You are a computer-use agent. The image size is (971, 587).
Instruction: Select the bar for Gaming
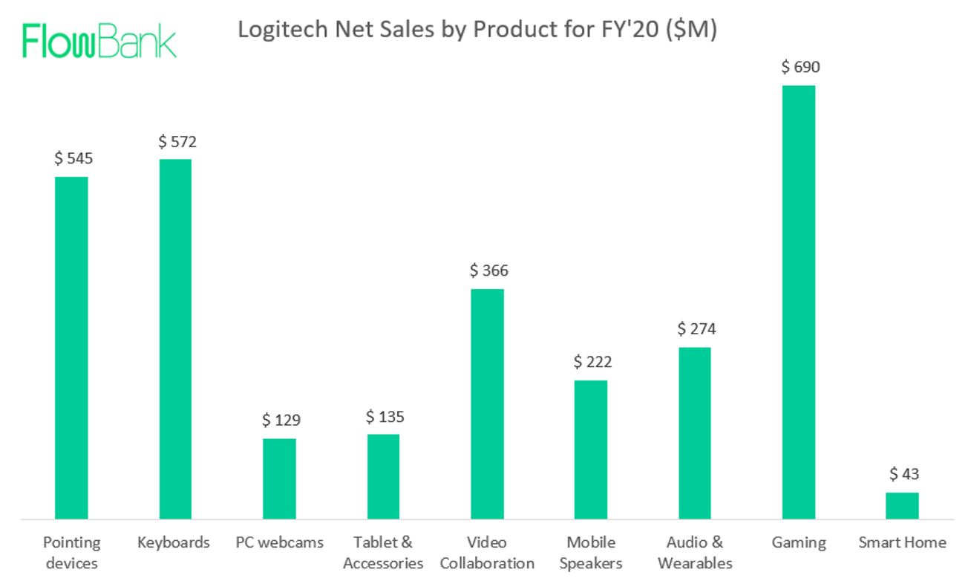pos(799,302)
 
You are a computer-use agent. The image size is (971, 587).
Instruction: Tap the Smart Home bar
pos(902,505)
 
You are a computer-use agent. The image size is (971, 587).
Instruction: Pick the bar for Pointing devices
pos(71,347)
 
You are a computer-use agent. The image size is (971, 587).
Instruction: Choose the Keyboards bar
pos(175,338)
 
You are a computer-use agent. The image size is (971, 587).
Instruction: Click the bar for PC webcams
pos(279,478)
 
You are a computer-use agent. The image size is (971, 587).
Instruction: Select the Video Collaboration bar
pos(487,403)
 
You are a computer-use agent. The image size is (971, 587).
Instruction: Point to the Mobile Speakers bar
pos(591,449)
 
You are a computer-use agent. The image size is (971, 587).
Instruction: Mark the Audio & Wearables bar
pos(695,432)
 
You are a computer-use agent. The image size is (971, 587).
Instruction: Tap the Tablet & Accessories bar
pos(383,476)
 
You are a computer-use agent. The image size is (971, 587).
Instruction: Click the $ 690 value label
pos(800,68)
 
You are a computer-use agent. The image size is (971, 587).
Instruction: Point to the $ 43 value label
pos(903,474)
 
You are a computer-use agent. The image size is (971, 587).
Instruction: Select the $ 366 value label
pos(488,270)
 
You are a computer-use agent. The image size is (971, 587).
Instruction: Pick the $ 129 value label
pos(281,421)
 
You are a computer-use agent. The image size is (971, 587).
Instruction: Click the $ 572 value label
pos(177,141)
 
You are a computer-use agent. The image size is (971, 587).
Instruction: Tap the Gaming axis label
pos(799,542)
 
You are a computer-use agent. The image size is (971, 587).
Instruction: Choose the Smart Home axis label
pos(902,542)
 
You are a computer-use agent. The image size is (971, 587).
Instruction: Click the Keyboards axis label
pos(174,542)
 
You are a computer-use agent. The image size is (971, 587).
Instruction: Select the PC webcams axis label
pos(279,542)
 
